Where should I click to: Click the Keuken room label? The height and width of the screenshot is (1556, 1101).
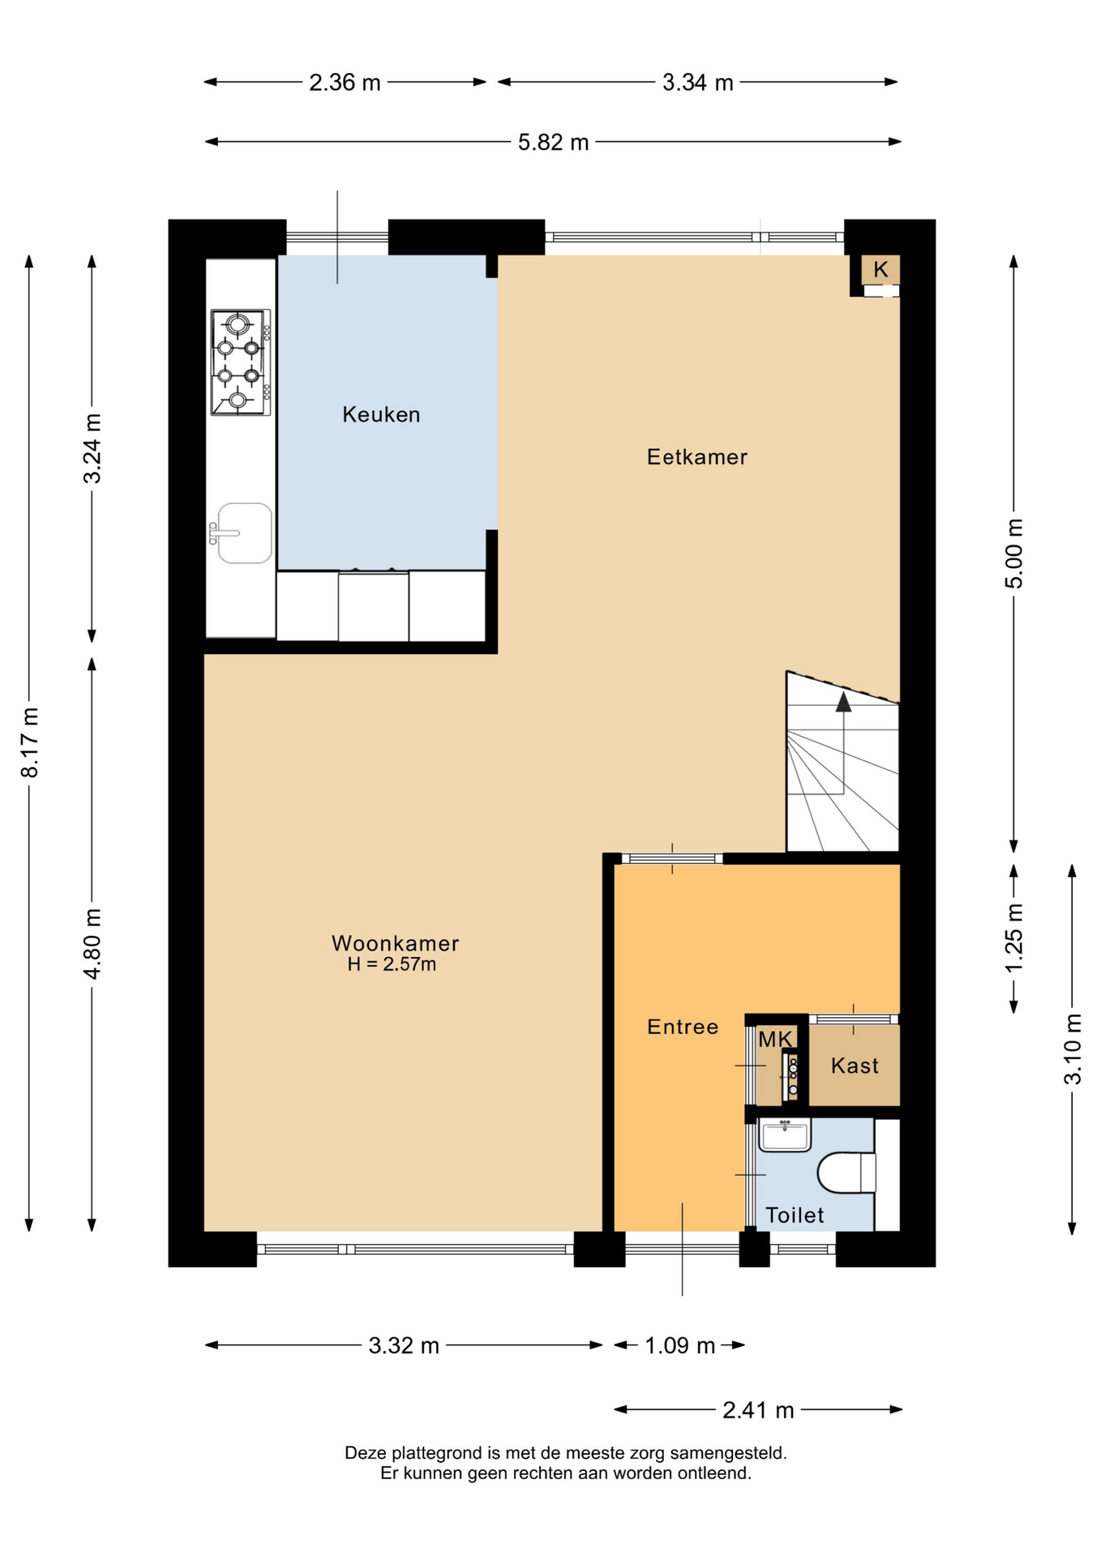tap(381, 415)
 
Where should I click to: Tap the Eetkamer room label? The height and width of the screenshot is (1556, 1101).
tap(697, 457)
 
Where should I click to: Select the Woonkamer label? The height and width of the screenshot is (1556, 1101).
tap(396, 943)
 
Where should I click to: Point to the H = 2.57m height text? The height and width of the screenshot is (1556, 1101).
tap(392, 964)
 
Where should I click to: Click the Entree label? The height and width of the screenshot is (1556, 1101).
tap(683, 1027)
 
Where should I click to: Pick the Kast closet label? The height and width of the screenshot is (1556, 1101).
tap(855, 1065)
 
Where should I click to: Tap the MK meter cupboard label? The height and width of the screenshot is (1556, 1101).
tap(775, 1039)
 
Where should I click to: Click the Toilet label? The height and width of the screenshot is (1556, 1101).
tap(795, 1215)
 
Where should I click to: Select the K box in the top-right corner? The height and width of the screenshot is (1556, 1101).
tap(880, 269)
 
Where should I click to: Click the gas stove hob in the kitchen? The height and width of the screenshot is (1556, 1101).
tap(240, 362)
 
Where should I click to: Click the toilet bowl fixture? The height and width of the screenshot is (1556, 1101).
tap(846, 1173)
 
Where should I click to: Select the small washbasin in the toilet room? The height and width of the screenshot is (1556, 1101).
tap(785, 1135)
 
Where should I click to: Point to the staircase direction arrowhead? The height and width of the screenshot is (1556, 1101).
tap(843, 702)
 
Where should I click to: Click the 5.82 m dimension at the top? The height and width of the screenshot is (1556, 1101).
tap(553, 142)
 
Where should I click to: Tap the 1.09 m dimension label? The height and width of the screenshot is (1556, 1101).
tap(679, 1345)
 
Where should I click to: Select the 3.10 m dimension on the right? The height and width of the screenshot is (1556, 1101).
tap(1073, 1049)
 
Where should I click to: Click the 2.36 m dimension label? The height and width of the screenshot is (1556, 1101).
tap(345, 82)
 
